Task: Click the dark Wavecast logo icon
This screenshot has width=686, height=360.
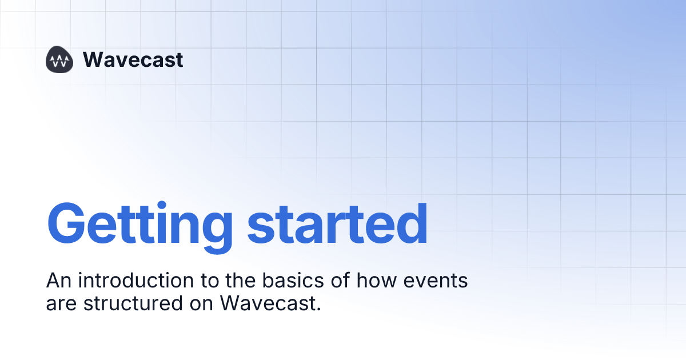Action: [x=60, y=60]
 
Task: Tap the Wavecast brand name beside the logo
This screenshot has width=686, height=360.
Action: [x=133, y=59]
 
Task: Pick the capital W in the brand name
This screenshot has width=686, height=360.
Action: [x=93, y=59]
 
